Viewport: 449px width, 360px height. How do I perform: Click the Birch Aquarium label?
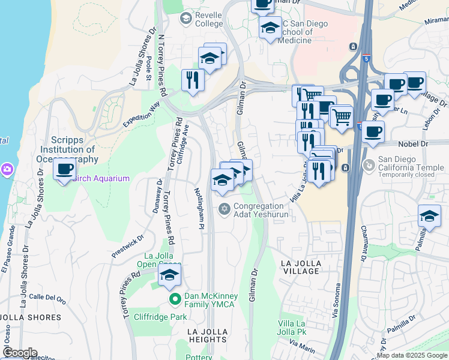(101, 178)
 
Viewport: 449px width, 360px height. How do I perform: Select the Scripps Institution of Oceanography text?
(69, 149)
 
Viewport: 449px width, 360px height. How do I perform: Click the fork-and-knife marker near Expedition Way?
(193, 80)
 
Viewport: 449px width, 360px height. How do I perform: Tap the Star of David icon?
(224, 209)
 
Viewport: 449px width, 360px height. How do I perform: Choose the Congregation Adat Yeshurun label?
(261, 209)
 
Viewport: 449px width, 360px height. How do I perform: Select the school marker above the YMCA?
(169, 275)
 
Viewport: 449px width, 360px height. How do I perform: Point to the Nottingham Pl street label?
(201, 207)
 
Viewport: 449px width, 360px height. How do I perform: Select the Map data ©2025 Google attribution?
(412, 355)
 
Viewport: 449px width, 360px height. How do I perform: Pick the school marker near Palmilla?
(429, 217)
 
